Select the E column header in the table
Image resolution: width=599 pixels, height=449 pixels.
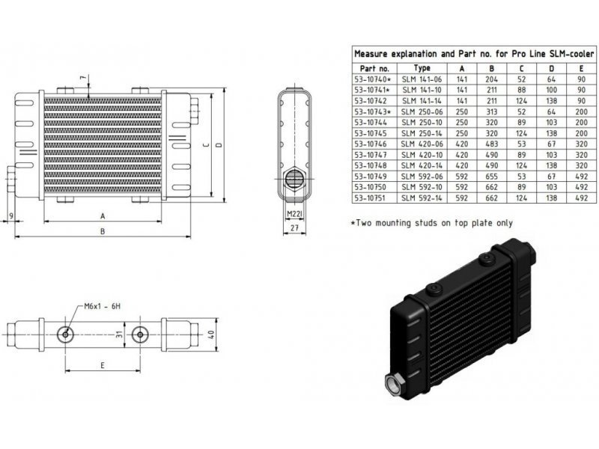point(581,67)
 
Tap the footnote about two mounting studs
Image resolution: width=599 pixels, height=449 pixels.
point(432,223)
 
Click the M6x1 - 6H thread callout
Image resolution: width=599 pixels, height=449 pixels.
point(100,305)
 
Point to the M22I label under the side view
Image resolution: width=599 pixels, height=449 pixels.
point(294,214)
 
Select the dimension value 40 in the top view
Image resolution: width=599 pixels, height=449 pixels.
point(212,334)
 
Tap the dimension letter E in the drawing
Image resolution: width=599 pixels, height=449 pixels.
point(102,366)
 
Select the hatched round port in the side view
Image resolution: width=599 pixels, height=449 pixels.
point(295,178)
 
